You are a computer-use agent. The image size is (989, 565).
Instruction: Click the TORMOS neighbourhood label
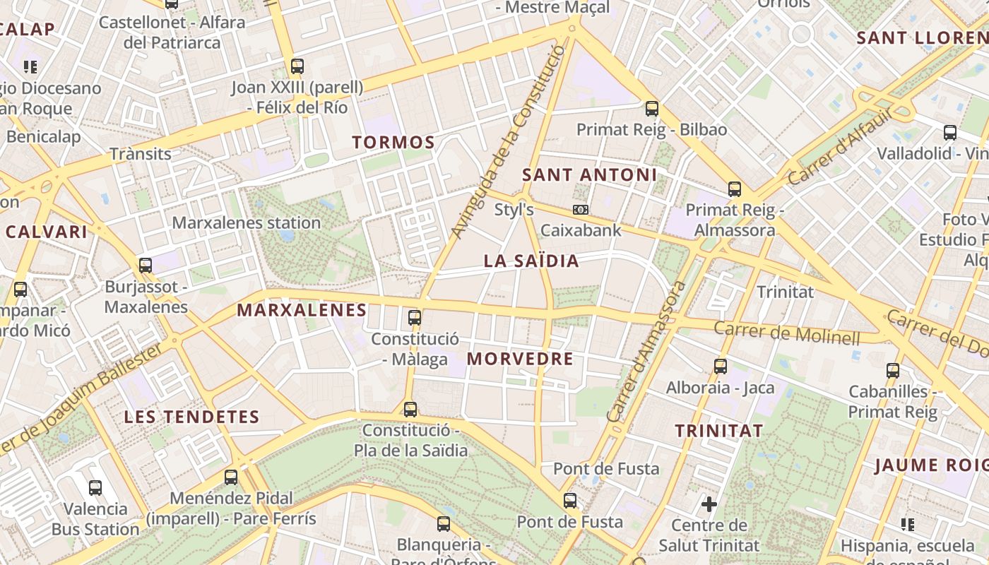[x=393, y=142]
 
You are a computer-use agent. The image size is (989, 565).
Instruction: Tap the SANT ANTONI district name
[x=589, y=174]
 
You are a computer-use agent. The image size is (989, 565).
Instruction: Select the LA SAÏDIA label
[x=531, y=261]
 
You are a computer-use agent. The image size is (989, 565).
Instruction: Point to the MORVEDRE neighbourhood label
[x=520, y=359]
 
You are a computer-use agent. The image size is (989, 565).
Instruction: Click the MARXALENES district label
[x=302, y=310]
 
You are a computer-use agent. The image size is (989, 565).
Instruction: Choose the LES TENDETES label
[x=192, y=417]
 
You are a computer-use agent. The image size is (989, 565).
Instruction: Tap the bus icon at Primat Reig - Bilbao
[x=652, y=109]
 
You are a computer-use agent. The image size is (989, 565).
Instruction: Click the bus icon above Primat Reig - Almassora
[x=735, y=189]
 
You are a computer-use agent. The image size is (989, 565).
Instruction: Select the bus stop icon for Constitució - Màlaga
[x=415, y=317]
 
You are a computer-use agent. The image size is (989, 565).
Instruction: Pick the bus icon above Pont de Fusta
[x=570, y=501]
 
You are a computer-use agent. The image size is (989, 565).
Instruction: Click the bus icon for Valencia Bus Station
[x=95, y=487]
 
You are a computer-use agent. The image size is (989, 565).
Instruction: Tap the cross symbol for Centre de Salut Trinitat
[x=709, y=504]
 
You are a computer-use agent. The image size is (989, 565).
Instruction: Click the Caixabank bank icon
[x=581, y=210]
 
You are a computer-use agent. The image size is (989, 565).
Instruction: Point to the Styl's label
[x=514, y=210]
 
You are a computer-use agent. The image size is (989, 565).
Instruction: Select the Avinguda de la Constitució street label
[x=508, y=141]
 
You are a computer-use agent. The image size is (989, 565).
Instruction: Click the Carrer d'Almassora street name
[x=646, y=352]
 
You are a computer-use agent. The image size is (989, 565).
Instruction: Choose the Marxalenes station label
[x=247, y=223]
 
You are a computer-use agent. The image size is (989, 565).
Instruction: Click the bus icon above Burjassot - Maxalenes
[x=146, y=266]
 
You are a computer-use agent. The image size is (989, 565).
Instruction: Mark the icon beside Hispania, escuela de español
[x=908, y=524]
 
